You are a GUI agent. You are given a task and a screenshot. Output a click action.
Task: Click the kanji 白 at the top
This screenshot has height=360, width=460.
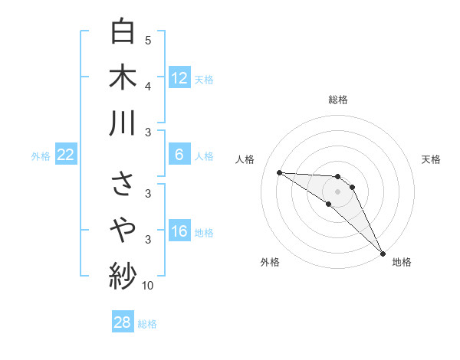click(123, 31)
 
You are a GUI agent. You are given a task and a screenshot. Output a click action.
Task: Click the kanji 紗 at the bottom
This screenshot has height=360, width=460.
click(123, 274)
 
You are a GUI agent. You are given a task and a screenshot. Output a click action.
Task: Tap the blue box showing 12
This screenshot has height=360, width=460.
click(179, 78)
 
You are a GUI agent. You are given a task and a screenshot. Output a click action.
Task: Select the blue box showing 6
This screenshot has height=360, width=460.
click(179, 155)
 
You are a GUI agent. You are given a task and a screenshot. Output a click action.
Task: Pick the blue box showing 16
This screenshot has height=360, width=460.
click(179, 232)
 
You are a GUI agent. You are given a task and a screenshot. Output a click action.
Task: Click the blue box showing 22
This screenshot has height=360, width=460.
click(65, 155)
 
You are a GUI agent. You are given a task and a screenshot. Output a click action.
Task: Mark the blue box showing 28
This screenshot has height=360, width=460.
click(123, 322)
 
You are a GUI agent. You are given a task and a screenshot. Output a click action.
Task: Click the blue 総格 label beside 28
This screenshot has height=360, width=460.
click(147, 324)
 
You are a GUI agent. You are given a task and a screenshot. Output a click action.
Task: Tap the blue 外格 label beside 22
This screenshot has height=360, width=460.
click(41, 156)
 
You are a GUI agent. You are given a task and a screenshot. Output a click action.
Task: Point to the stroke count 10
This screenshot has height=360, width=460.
click(148, 286)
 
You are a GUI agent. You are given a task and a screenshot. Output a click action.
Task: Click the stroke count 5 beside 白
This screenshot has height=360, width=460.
click(148, 40)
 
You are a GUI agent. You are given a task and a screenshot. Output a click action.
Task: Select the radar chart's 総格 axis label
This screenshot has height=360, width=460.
click(338, 100)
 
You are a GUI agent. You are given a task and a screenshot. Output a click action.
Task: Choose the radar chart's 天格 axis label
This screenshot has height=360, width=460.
click(431, 159)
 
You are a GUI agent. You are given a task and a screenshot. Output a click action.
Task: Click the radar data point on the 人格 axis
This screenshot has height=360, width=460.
click(279, 172)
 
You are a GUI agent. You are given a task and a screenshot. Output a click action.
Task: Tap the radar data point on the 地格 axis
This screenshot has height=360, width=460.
click(383, 252)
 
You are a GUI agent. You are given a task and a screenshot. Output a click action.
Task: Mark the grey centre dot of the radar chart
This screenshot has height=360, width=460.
click(338, 191)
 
